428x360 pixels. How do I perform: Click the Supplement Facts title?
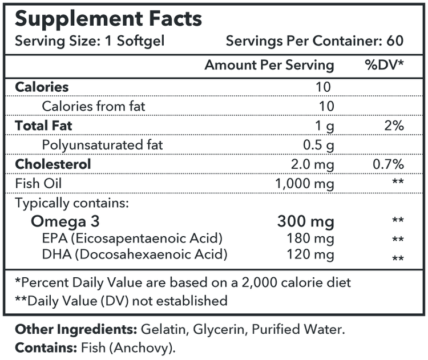pyautogui.click(x=108, y=19)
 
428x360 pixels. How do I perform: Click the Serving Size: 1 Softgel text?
pyautogui.click(x=90, y=42)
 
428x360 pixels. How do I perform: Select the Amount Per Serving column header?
pyautogui.click(x=269, y=65)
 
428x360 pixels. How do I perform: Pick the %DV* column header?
pyautogui.click(x=383, y=65)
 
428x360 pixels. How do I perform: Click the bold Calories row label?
pyautogui.click(x=42, y=87)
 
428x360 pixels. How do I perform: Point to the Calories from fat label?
pyautogui.click(x=94, y=106)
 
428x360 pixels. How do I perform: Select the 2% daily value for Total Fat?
pyautogui.click(x=394, y=126)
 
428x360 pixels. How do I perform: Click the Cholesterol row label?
pyautogui.click(x=53, y=164)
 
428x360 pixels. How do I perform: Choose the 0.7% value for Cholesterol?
pyautogui.click(x=388, y=164)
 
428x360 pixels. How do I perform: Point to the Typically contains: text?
pyautogui.click(x=72, y=203)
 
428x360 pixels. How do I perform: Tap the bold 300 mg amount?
pyautogui.click(x=305, y=221)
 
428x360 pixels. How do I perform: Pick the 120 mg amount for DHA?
pyautogui.click(x=313, y=254)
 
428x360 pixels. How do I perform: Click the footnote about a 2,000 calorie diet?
pyautogui.click(x=183, y=282)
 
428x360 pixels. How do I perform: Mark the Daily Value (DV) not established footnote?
pyautogui.click(x=121, y=300)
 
